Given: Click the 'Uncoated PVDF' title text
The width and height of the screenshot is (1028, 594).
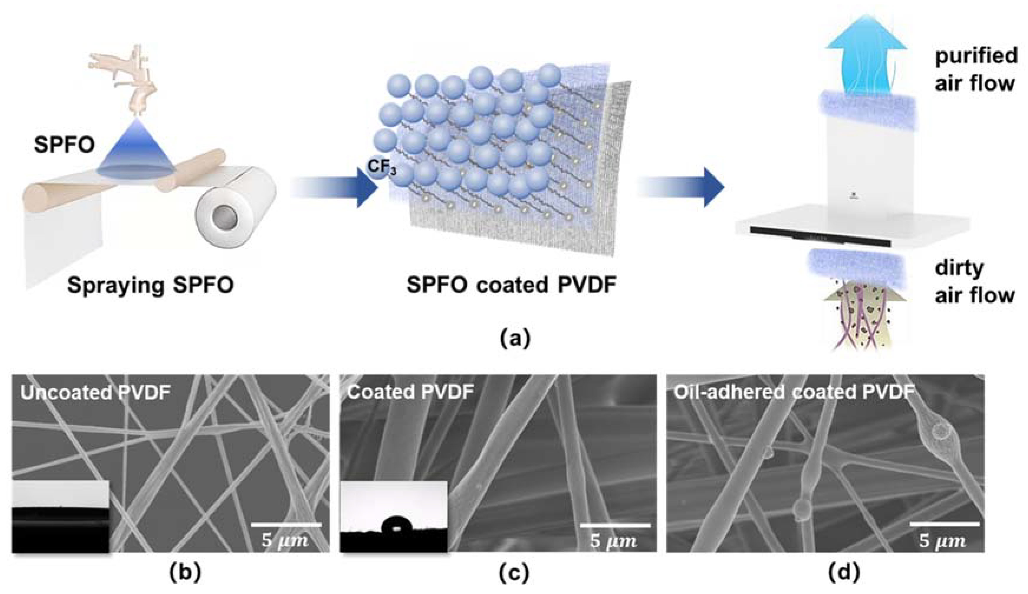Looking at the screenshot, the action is (95, 392).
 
